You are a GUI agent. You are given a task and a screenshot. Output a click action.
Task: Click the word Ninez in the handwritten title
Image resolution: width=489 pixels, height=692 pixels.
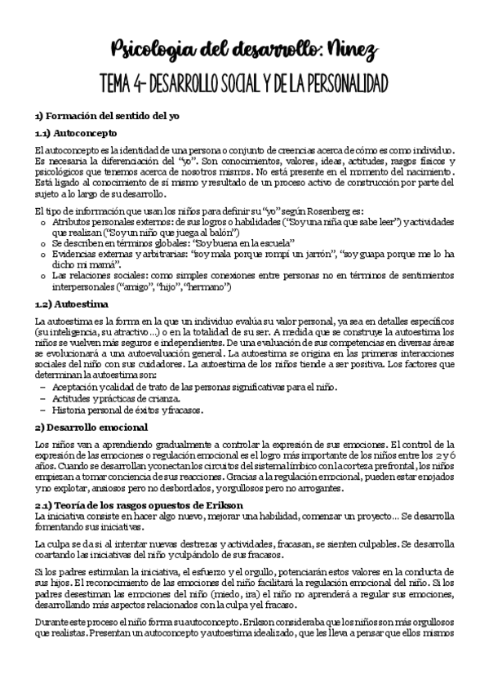pos(353,51)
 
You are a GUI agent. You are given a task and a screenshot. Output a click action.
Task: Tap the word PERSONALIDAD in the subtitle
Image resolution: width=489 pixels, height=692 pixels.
pos(337,84)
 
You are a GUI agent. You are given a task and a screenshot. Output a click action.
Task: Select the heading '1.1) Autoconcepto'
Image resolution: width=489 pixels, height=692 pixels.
pos(76,132)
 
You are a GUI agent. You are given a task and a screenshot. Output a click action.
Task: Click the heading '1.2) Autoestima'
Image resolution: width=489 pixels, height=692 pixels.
pos(71,304)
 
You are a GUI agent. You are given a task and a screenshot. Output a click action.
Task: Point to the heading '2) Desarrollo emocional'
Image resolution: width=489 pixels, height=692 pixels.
pos(90,427)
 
